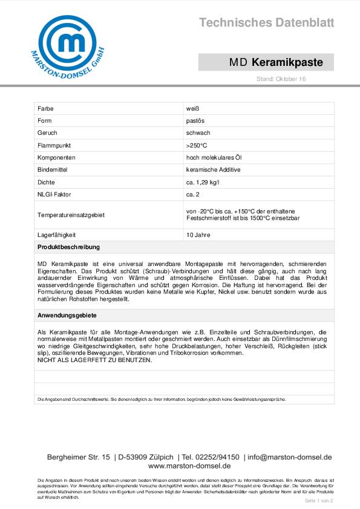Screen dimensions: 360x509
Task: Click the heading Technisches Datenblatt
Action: point(266,23)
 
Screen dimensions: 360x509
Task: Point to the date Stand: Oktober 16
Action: point(281,79)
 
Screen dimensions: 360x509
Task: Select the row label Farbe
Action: point(45,108)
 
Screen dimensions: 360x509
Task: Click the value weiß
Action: point(193,108)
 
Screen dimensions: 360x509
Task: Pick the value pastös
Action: point(195,121)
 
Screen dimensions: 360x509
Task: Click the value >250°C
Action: point(197,146)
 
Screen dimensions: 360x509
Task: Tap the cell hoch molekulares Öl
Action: point(214,158)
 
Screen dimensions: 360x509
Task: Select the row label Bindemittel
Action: point(53,170)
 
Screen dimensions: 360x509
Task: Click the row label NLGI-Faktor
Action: point(53,195)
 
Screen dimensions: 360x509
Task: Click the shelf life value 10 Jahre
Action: point(198,235)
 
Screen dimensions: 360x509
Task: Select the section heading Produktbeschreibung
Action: point(68,247)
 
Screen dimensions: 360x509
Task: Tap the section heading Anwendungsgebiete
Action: point(67,316)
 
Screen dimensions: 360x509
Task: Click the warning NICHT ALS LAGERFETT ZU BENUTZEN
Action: point(95,360)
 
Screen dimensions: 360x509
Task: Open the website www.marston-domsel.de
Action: point(189,466)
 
